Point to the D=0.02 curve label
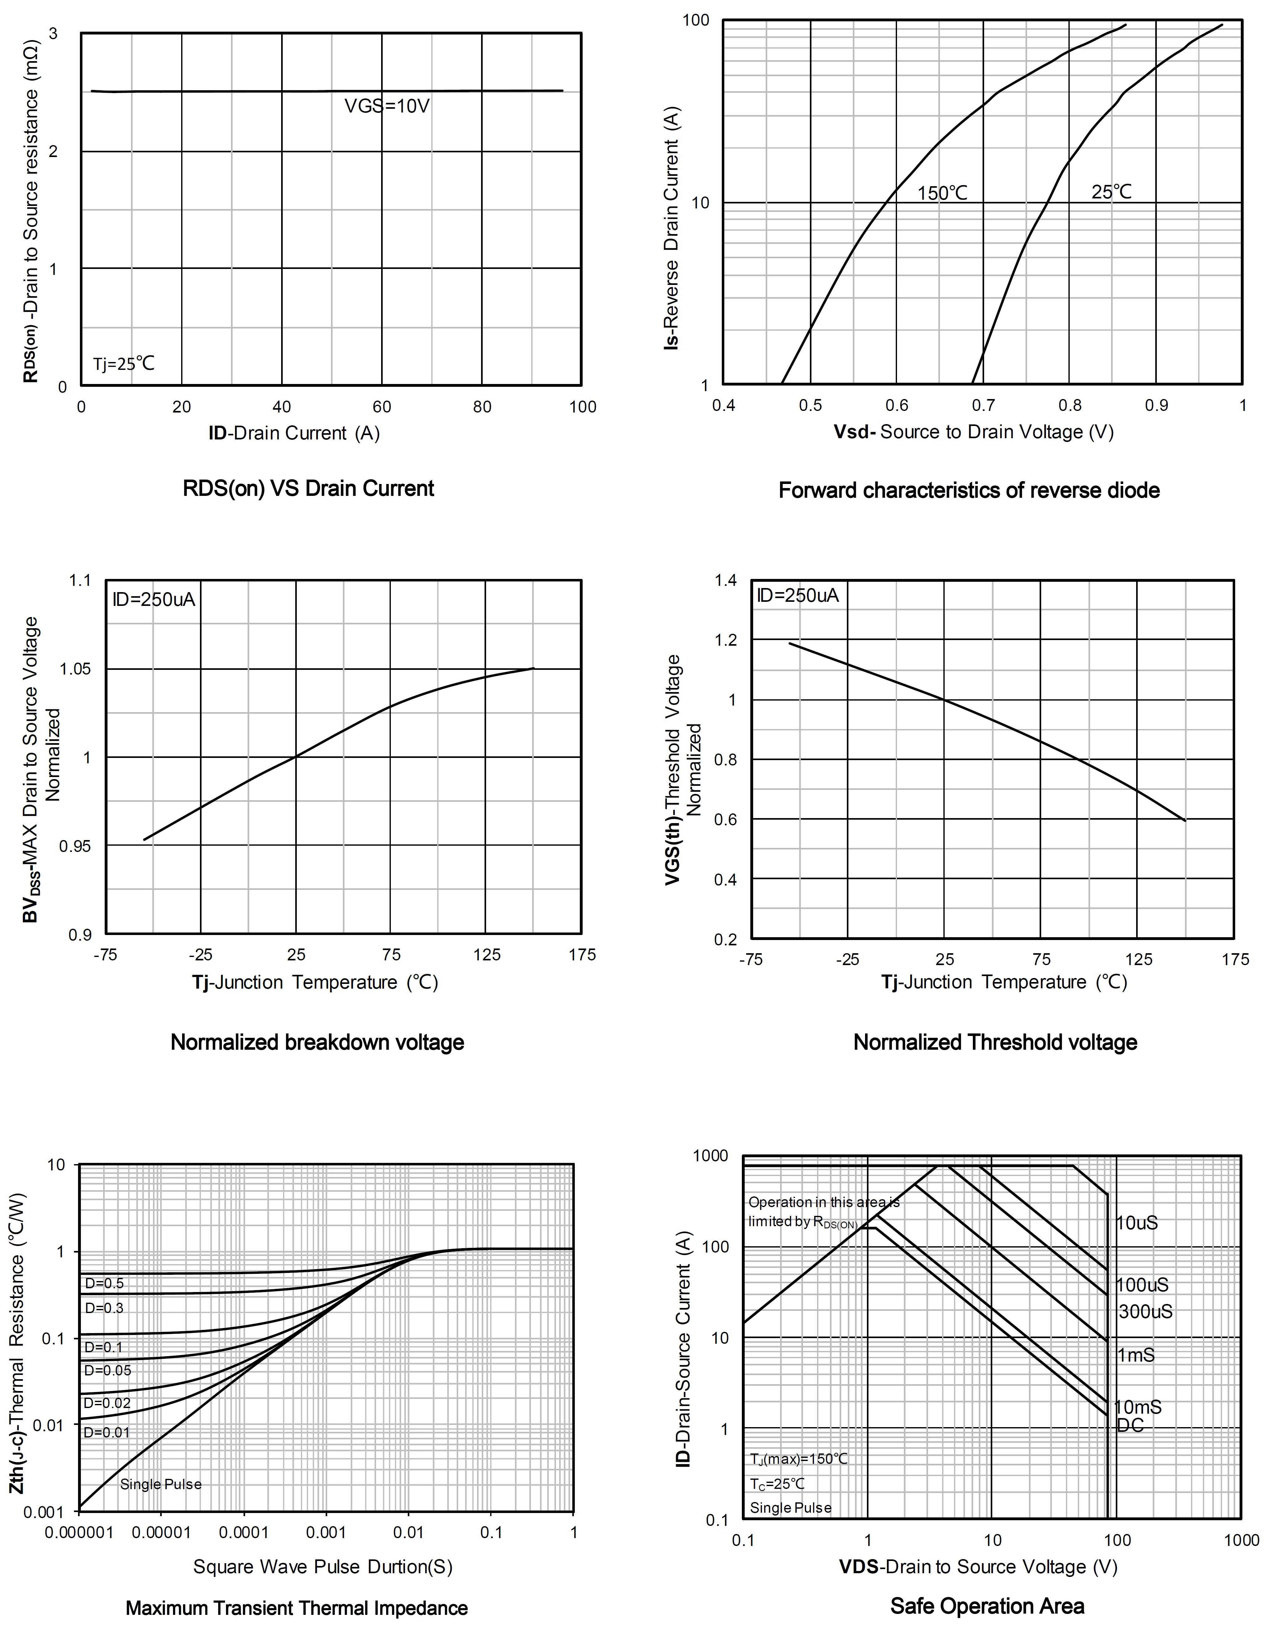[107, 1402]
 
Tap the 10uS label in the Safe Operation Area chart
[1137, 1222]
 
